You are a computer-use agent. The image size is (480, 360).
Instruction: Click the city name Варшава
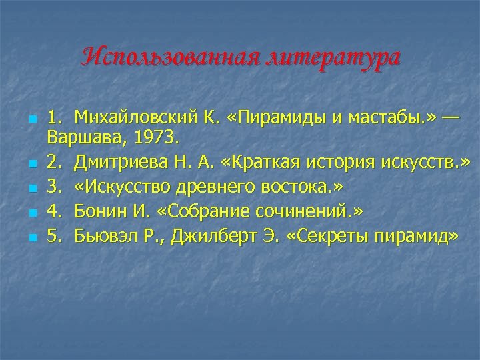pos(81,139)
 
